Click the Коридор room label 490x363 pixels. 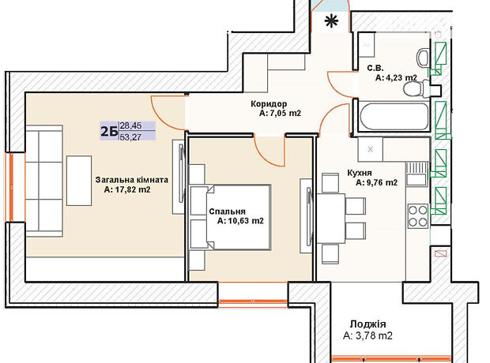pos(269,103)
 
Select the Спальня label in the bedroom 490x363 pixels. pos(227,211)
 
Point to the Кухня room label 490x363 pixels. pos(360,173)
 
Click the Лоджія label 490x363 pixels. pos(367,324)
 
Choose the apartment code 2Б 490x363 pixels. pos(109,131)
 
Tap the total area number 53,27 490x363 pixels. pos(130,137)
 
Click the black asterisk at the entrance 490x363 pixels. pos(331,21)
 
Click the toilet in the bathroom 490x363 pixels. pos(416,88)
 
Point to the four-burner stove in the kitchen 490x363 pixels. pos(418,215)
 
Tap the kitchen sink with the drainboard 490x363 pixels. pos(416,174)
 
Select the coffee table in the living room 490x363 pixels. pos(79,181)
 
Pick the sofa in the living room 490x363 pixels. pos(44,181)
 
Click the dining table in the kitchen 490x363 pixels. pos(331,219)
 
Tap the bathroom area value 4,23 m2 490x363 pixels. pos(396,77)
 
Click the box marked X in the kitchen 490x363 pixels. pos(371,149)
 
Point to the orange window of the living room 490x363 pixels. pos(11,187)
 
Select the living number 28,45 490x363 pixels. pos(130,125)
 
